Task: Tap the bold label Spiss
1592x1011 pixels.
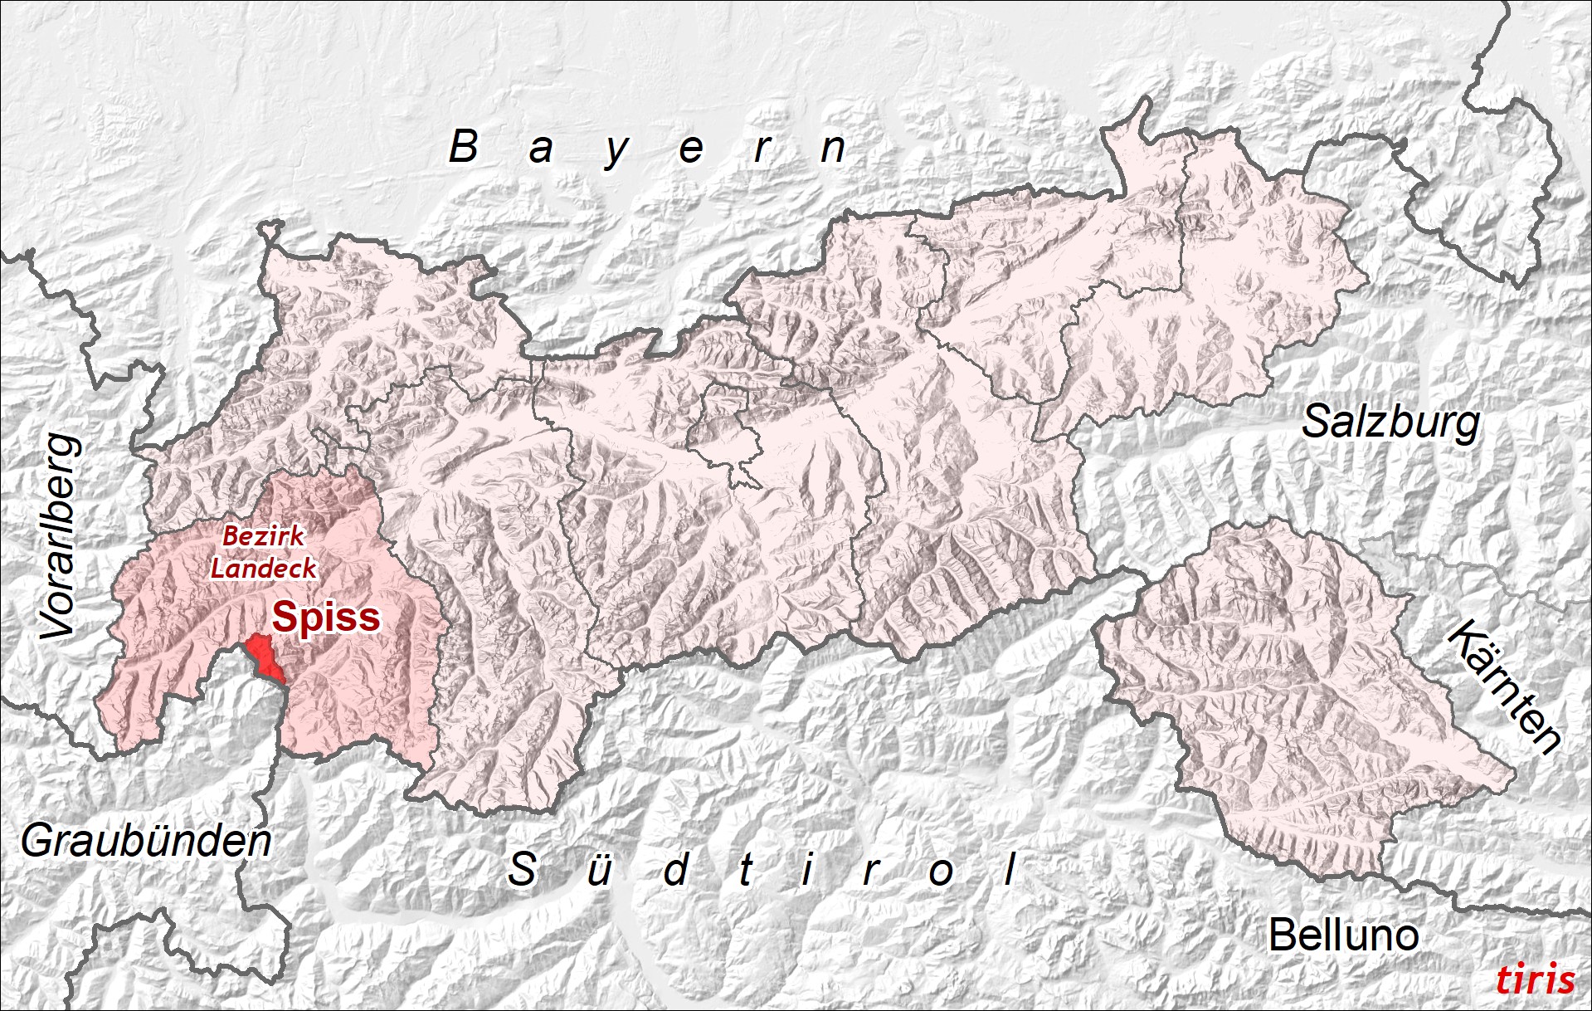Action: tap(326, 617)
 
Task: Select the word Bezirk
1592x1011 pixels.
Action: tap(263, 536)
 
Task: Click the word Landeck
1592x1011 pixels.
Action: tap(263, 569)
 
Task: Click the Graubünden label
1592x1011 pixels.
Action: tap(146, 842)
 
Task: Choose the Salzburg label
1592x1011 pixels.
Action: tap(1390, 422)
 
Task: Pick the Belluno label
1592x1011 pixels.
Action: tap(1343, 935)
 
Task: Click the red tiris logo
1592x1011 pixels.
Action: tap(1535, 979)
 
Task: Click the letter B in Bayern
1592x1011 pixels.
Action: tap(464, 147)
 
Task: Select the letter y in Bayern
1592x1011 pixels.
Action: tap(616, 152)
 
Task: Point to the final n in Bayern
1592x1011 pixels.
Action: tap(833, 149)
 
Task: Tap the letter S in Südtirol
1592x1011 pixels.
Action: tap(522, 869)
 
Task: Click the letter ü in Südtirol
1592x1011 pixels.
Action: tap(598, 871)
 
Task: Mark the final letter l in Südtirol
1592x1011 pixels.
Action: tap(1010, 869)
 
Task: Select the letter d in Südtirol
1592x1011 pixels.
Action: tap(676, 869)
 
